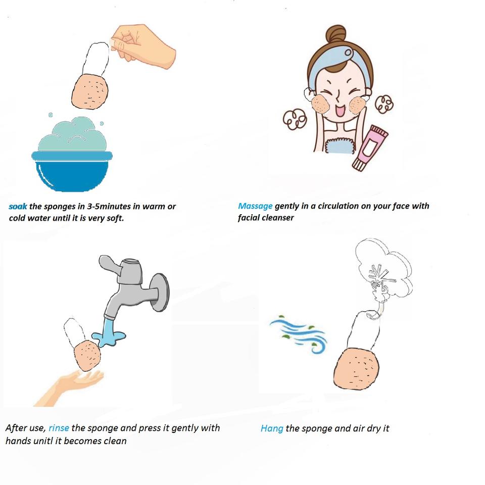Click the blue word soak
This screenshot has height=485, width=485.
(x=18, y=206)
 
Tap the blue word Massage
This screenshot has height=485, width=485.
(x=255, y=206)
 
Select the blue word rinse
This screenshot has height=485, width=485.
(x=59, y=428)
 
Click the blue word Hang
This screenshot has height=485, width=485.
(x=272, y=428)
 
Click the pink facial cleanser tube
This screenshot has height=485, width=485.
(x=370, y=148)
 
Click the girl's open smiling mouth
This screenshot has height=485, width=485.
(x=340, y=111)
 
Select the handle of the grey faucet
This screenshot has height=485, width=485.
(x=111, y=264)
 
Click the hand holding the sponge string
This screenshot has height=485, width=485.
(x=143, y=44)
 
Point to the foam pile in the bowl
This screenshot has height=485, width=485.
(x=72, y=134)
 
